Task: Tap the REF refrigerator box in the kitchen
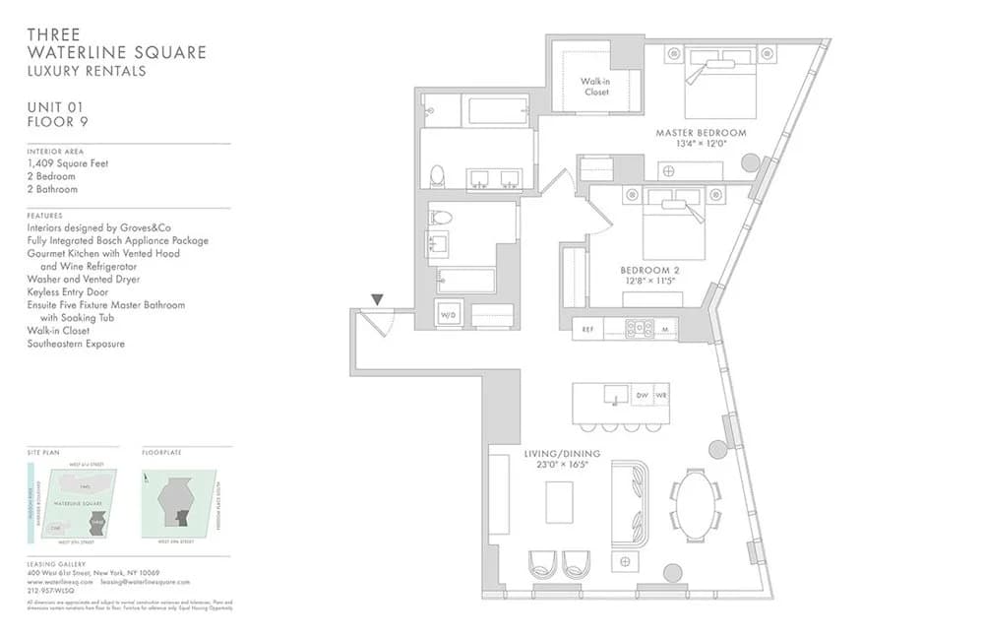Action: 587,329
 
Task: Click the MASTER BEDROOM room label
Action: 701,132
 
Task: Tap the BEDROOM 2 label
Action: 649,270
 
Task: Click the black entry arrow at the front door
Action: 377,299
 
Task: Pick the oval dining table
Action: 696,506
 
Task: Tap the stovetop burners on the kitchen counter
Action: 639,329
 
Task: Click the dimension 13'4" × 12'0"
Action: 701,144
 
